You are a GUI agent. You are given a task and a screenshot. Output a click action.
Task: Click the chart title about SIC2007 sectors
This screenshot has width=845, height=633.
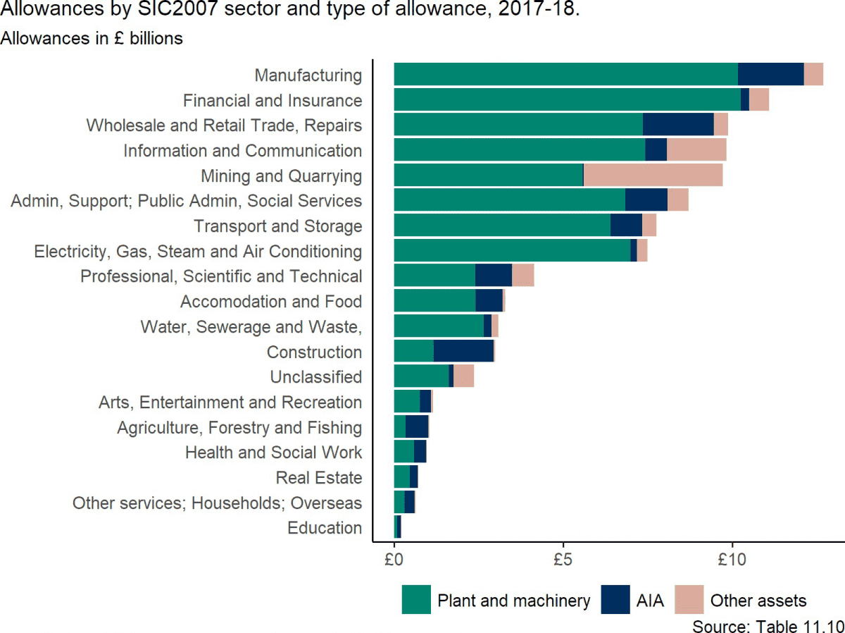tap(290, 12)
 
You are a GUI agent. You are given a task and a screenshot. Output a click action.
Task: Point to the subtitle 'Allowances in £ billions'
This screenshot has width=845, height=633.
tap(92, 38)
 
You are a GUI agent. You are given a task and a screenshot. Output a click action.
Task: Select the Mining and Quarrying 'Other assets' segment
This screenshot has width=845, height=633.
tap(653, 175)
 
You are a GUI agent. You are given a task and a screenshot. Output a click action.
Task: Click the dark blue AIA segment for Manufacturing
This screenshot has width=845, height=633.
tap(770, 74)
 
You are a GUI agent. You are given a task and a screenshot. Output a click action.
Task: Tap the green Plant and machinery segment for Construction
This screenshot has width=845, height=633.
tap(413, 351)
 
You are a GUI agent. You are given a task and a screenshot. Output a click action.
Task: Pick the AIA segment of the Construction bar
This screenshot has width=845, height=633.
tap(463, 351)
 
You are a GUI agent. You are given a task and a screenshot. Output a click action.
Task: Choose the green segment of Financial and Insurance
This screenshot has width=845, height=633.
tap(567, 99)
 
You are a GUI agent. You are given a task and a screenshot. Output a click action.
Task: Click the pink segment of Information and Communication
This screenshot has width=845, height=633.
tap(696, 150)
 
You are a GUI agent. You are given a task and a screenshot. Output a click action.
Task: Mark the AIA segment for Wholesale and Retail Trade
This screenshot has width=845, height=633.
tap(678, 125)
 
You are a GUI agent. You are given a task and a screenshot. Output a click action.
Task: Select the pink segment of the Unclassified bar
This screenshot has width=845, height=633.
tap(463, 376)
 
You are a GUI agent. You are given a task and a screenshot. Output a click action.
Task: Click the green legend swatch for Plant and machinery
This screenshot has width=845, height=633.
tap(415, 600)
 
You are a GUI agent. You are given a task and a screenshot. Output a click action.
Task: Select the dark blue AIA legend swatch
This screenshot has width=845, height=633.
tap(615, 600)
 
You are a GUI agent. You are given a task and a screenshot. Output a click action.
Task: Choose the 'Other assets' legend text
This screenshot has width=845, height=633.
tap(758, 601)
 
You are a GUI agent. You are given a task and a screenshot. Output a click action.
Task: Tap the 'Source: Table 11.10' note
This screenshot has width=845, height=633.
tap(768, 625)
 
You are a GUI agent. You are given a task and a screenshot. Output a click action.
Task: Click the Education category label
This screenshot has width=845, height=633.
tap(325, 528)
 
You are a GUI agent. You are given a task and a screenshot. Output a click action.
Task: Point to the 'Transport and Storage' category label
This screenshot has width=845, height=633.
tap(277, 226)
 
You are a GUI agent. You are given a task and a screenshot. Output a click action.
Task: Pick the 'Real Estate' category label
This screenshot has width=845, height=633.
tap(319, 478)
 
